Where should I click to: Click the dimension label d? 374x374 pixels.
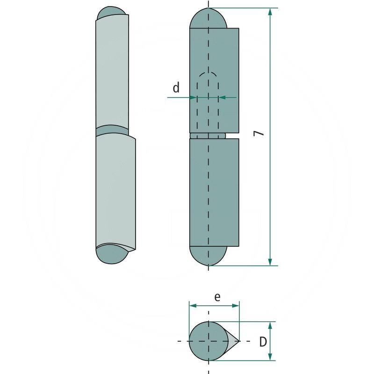click(176, 87)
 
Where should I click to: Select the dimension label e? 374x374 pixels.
click(217, 296)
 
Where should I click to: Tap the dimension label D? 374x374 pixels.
click(263, 342)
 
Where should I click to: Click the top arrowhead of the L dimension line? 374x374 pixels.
click(270, 12)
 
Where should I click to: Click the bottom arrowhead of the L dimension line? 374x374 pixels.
click(270, 261)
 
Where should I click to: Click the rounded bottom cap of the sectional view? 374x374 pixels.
click(208, 256)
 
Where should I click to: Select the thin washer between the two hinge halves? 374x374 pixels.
click(208, 136)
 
